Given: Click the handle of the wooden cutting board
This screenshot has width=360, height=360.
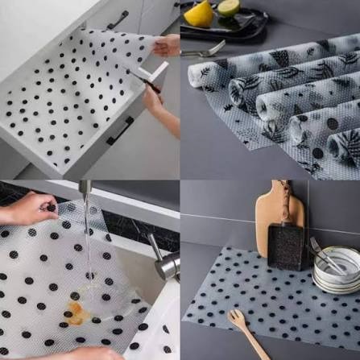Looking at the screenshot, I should click(x=285, y=192).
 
